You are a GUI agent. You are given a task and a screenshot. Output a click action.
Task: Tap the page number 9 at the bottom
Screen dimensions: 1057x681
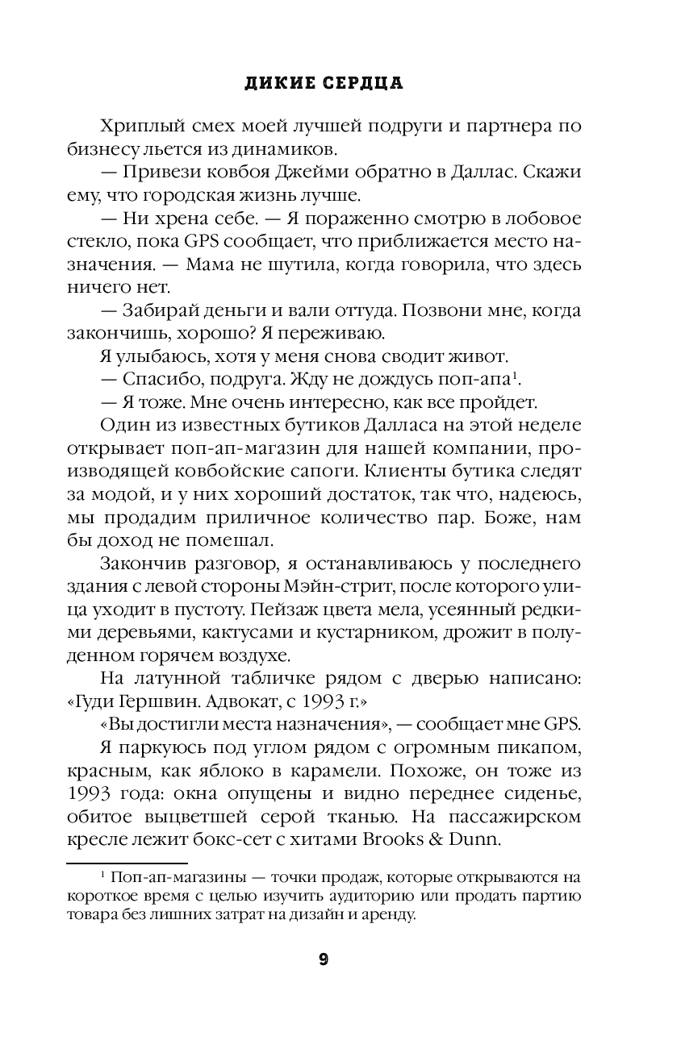coord(324,959)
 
